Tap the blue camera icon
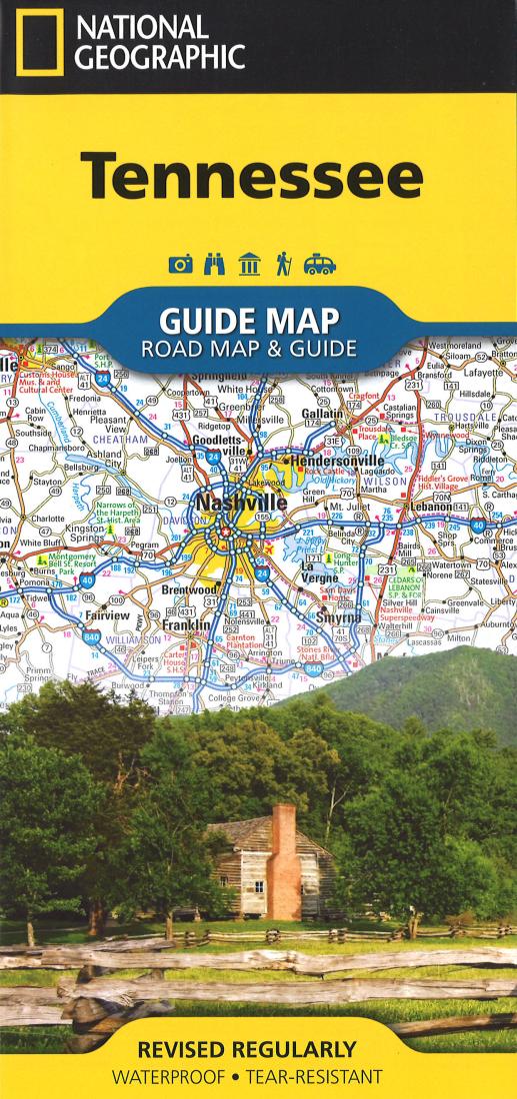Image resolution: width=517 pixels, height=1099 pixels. pos(181,264)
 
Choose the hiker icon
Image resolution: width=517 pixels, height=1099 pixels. pos(282,264)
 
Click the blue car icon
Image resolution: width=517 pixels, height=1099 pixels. pos(319,264)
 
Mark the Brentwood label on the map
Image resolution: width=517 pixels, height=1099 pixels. pos(189,590)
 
